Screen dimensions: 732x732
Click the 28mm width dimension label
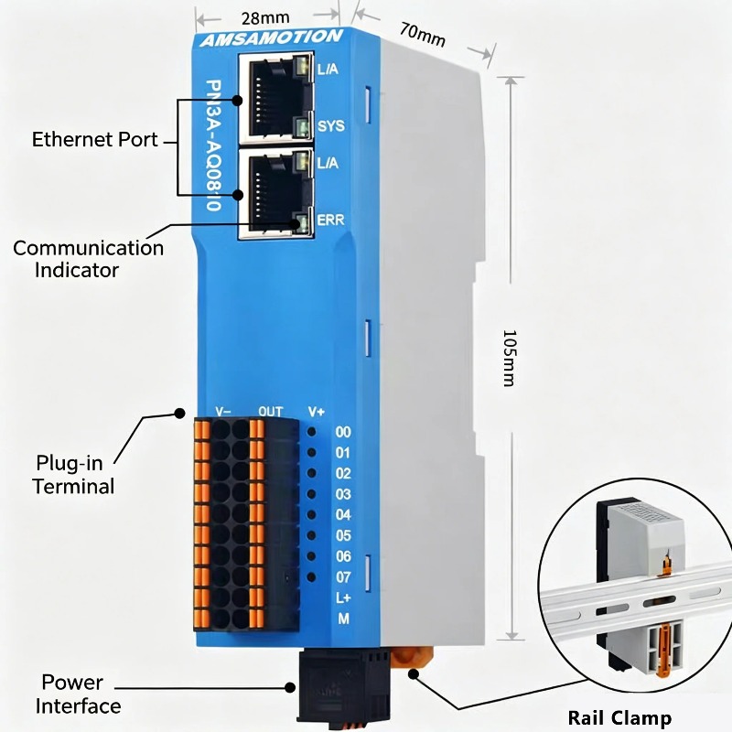point(265,18)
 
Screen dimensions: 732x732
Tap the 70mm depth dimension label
point(423,35)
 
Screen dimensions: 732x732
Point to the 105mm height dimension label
point(510,358)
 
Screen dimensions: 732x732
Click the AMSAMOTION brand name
point(271,38)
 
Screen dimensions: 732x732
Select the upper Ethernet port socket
point(276,98)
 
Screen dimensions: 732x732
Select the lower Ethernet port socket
point(276,193)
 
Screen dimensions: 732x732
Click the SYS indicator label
point(331,126)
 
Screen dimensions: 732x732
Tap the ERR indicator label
point(330,220)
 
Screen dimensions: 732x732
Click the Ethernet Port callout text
point(95,140)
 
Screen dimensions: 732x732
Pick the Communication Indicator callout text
point(88,259)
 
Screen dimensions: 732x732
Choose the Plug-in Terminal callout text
point(73,474)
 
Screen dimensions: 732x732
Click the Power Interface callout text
point(78,694)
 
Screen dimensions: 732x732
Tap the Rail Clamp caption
point(619,717)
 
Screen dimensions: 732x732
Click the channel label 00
point(343,432)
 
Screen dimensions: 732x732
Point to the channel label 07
point(344,577)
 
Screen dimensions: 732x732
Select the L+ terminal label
point(344,597)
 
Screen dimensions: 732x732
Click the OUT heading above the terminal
point(271,411)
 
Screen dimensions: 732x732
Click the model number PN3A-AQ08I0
point(214,145)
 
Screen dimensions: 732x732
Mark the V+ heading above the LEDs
point(316,412)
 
